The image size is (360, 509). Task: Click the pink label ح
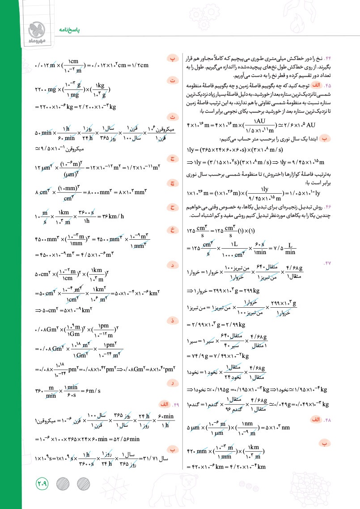point(172,207)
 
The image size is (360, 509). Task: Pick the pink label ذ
point(172,320)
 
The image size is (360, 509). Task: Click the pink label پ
point(172,59)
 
